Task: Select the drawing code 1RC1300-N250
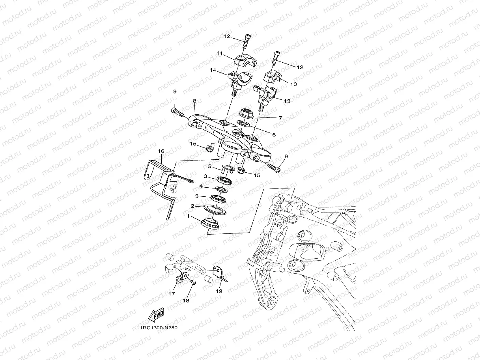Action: point(155,327)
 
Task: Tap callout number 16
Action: point(161,151)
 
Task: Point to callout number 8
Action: point(194,101)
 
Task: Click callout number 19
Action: point(219,291)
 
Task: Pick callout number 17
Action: point(172,293)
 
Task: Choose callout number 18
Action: point(186,300)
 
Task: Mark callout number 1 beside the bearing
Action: point(189,216)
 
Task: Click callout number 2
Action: point(192,206)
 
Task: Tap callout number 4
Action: point(201,186)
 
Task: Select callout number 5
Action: point(210,166)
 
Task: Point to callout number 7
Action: point(280,118)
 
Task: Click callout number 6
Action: point(273,134)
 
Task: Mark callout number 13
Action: point(287,101)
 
